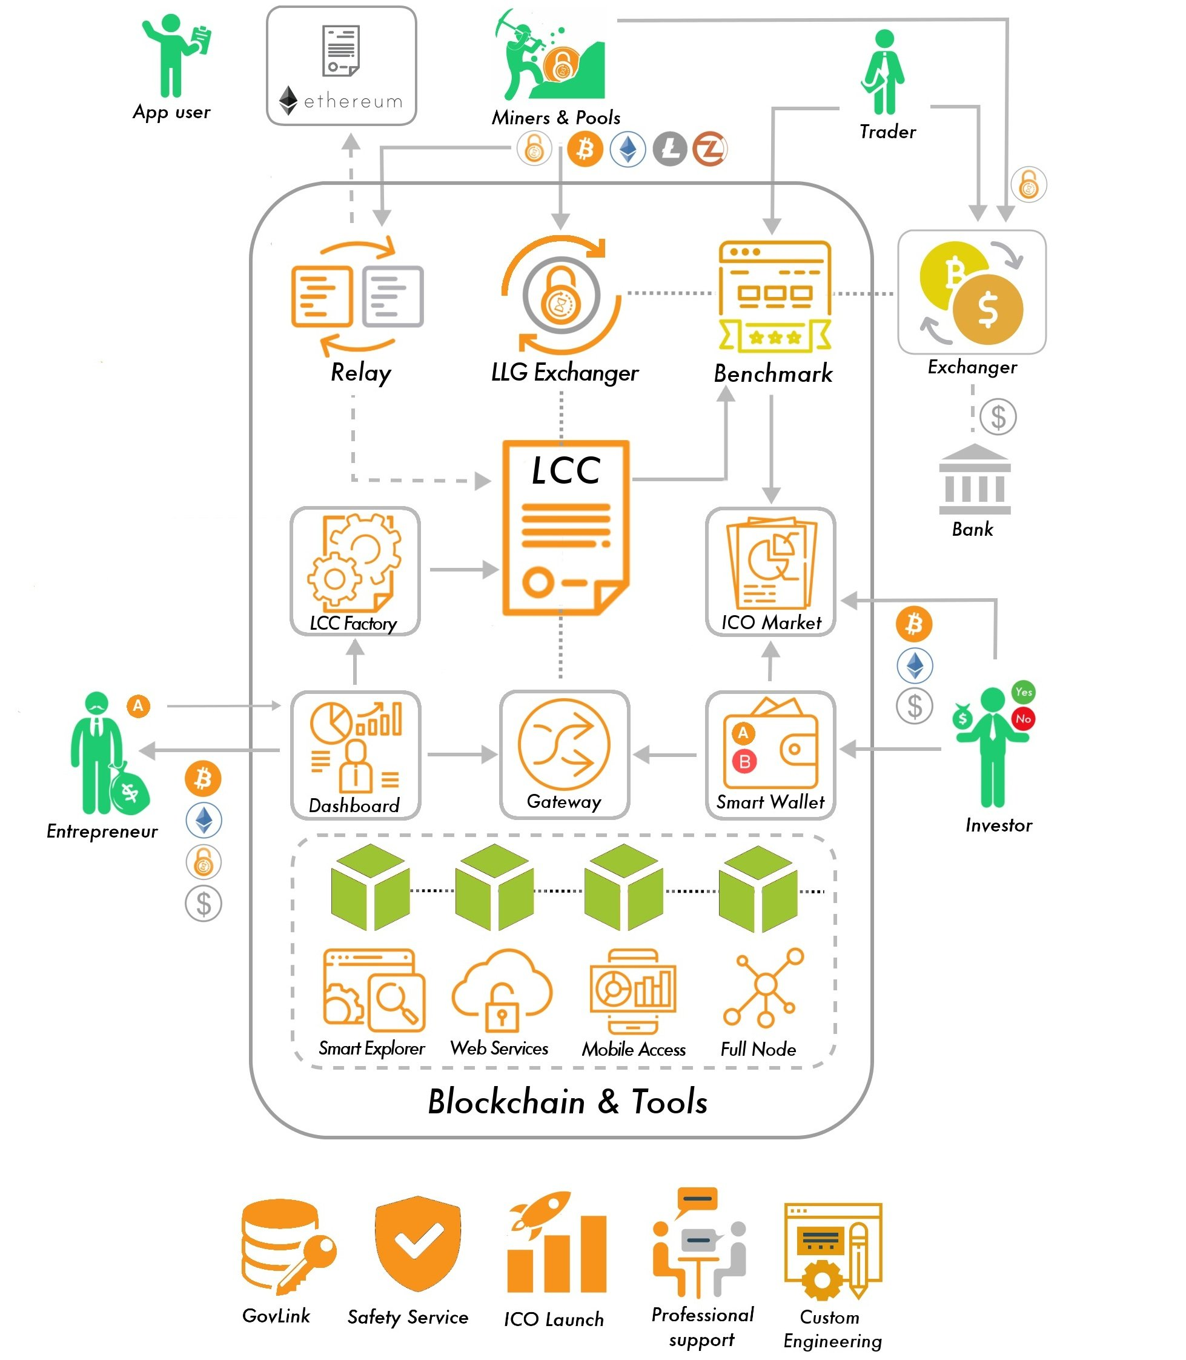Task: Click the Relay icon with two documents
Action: pyautogui.click(x=357, y=296)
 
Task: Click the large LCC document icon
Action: pyautogui.click(x=566, y=528)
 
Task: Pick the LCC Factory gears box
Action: pyautogui.click(x=356, y=572)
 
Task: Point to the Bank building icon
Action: pyautogui.click(x=975, y=479)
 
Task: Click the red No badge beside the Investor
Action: pyautogui.click(x=1023, y=718)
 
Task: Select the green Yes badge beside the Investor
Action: pyautogui.click(x=1023, y=692)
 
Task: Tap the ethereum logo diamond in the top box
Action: pyautogui.click(x=288, y=100)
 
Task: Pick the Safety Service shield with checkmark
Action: pyautogui.click(x=417, y=1243)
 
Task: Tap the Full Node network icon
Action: pyautogui.click(x=764, y=987)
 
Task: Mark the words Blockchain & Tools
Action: pyautogui.click(x=568, y=1102)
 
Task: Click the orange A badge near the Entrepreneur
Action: pyautogui.click(x=137, y=705)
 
